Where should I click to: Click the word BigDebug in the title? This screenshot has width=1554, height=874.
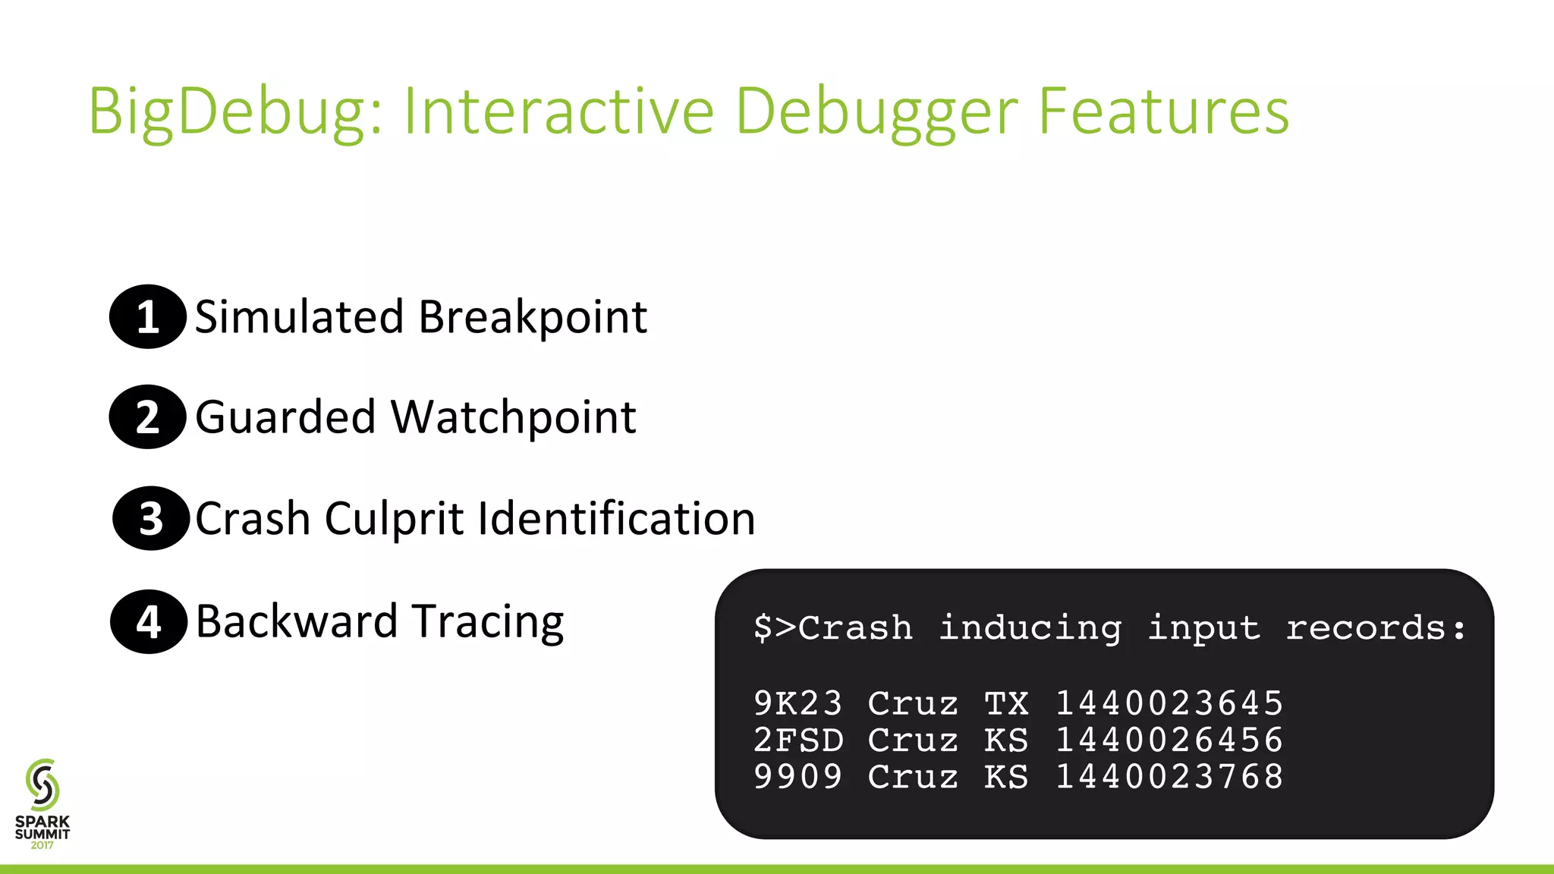click(x=235, y=112)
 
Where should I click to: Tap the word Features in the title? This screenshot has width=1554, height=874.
click(x=1163, y=112)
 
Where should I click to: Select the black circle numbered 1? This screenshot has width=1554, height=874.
click(x=148, y=316)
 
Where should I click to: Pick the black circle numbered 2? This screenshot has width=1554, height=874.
click(x=148, y=417)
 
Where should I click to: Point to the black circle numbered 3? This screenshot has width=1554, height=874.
click(x=151, y=519)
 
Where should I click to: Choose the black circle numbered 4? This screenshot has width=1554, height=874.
click(x=149, y=622)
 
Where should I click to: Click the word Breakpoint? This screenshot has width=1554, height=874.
click(x=533, y=317)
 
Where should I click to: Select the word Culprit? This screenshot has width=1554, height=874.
click(x=395, y=519)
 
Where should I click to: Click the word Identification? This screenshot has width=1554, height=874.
click(x=616, y=519)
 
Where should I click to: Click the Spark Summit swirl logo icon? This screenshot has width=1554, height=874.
click(x=42, y=784)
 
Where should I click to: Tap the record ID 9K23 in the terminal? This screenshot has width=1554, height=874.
click(x=797, y=703)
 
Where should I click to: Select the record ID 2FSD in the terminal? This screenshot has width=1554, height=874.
click(x=797, y=740)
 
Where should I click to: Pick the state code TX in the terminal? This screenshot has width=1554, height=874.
click(x=1006, y=703)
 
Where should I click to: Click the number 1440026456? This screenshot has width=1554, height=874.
click(x=1169, y=740)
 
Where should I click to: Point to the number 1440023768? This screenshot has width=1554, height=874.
click(x=1169, y=777)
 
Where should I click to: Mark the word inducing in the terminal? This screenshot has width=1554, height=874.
click(x=1030, y=628)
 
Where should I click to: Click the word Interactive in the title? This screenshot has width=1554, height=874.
click(x=558, y=112)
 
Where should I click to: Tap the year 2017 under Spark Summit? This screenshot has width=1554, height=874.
click(x=42, y=845)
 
